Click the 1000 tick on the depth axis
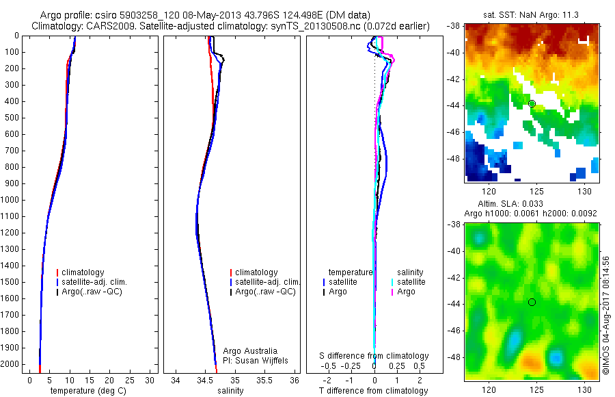click(x=10, y=200)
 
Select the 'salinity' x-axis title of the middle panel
click(x=230, y=391)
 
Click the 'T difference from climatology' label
click(x=373, y=391)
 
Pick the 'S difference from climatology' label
click(x=374, y=356)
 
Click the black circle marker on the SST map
click(x=532, y=103)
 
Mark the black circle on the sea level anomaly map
click(x=532, y=302)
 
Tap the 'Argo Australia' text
click(x=250, y=351)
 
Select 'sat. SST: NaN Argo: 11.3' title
click(x=531, y=14)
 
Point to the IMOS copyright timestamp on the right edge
click(x=605, y=316)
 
